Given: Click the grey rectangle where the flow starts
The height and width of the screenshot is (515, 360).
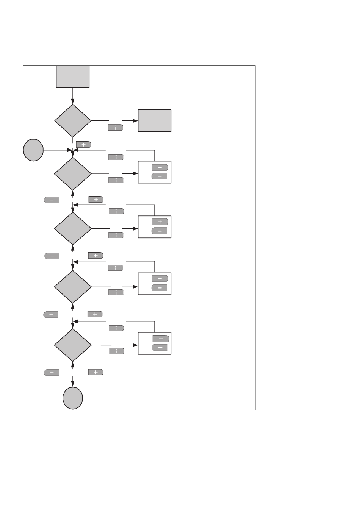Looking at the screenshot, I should pyautogui.click(x=73, y=77).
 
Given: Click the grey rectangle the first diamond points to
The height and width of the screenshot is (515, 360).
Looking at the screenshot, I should pyautogui.click(x=154, y=121).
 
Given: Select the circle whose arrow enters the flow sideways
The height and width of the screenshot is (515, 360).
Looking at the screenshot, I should pyautogui.click(x=33, y=150).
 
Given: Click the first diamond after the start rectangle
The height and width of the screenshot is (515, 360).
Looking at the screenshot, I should pyautogui.click(x=73, y=121).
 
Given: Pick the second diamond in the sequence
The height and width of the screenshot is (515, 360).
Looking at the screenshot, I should pyautogui.click(x=73, y=174).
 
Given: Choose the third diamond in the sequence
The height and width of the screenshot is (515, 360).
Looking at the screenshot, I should pyautogui.click(x=73, y=229).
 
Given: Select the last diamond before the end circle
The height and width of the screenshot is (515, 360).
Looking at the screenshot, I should pyautogui.click(x=73, y=345).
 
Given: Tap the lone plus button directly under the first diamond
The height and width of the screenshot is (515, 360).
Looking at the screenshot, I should pyautogui.click(x=83, y=144).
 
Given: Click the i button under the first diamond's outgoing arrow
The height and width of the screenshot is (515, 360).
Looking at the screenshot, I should pyautogui.click(x=116, y=128).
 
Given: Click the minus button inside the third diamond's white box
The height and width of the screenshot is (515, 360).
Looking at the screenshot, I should pyautogui.click(x=160, y=231).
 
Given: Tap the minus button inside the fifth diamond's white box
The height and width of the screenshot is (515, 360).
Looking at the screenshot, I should pyautogui.click(x=160, y=348).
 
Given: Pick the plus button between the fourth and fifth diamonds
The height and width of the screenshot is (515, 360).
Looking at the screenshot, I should pyautogui.click(x=95, y=314).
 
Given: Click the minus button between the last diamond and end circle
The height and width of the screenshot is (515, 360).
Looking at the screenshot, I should pyautogui.click(x=52, y=373).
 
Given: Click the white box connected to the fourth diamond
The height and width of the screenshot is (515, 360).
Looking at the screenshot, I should pyautogui.click(x=154, y=283).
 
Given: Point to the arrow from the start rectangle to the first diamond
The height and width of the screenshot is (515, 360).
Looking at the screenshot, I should pyautogui.click(x=73, y=96).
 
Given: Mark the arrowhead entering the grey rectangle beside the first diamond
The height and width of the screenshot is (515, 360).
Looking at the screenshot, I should pyautogui.click(x=135, y=121).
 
